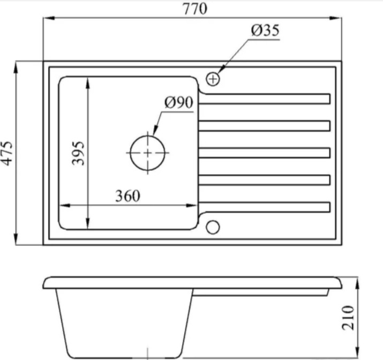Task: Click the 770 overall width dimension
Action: (195, 9)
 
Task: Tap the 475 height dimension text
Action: (6, 153)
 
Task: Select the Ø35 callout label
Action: (265, 31)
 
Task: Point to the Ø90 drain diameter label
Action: (179, 102)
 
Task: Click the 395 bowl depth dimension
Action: (78, 153)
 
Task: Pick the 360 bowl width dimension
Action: (127, 196)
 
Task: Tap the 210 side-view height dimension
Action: (348, 318)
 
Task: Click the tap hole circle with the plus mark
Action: (213, 79)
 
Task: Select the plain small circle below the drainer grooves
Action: (213, 227)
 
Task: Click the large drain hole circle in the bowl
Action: (147, 153)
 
